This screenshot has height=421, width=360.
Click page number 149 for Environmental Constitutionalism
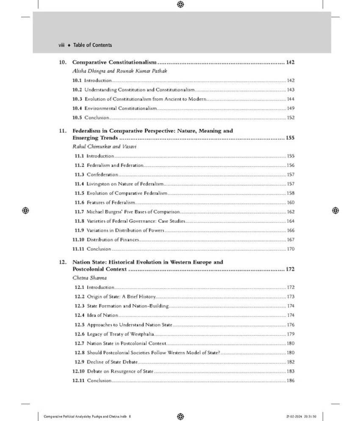click(291, 108)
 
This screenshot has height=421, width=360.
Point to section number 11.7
click(79, 212)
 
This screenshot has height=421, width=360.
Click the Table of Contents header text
click(92, 45)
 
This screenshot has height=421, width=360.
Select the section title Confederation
click(102, 174)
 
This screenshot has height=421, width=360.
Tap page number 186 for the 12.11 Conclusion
click(291, 380)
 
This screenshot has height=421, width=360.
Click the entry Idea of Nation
click(102, 315)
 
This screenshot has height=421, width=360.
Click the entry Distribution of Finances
click(113, 240)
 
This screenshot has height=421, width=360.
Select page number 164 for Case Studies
click(291, 221)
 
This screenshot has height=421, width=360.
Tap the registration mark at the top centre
click(180, 4)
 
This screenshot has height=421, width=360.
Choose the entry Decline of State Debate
click(112, 362)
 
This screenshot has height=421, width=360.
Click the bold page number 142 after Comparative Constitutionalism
click(290, 62)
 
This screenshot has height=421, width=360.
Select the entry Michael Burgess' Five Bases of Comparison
click(133, 212)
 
